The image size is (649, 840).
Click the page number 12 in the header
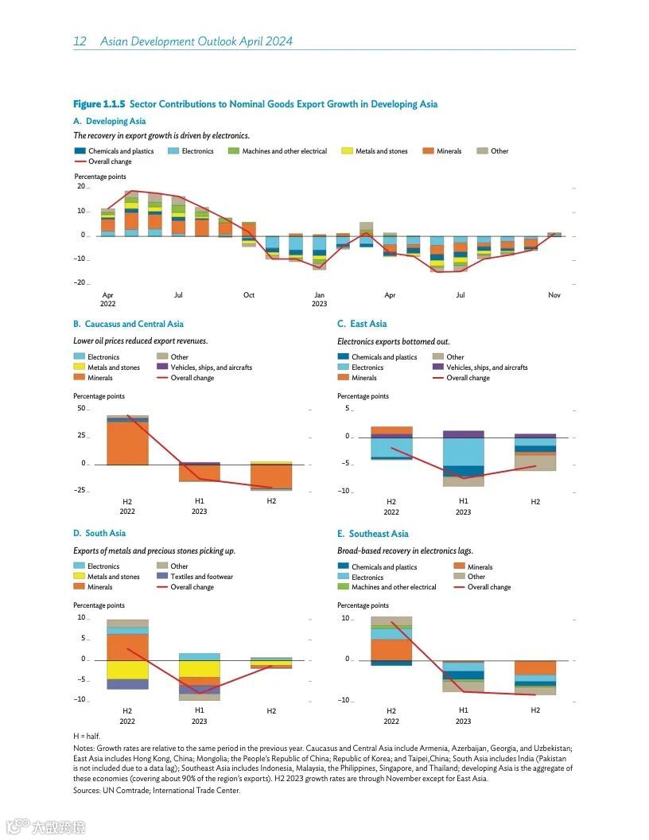(80, 41)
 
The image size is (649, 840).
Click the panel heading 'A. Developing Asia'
(110, 121)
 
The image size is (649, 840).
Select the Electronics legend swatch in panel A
(173, 150)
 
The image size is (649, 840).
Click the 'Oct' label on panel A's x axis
(249, 295)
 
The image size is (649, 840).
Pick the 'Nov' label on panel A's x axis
(554, 295)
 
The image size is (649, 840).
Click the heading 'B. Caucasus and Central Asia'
(128, 324)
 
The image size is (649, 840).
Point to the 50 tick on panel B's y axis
(80, 409)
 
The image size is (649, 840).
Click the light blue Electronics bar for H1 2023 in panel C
(464, 452)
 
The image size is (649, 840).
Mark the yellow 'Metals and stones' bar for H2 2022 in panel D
(127, 670)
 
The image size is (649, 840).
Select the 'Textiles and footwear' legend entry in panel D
(201, 577)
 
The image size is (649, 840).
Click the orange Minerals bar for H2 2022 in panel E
(391, 650)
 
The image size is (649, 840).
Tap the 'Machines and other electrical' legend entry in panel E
(394, 587)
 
